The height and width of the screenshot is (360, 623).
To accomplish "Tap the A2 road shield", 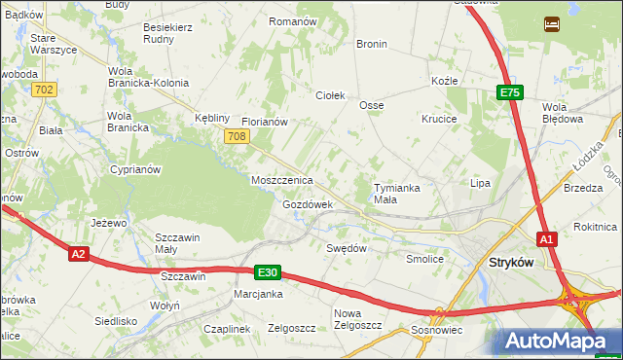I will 79,254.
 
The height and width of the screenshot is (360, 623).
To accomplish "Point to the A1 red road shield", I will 546,238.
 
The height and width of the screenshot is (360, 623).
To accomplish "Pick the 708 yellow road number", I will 236,137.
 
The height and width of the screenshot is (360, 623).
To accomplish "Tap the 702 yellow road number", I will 43,90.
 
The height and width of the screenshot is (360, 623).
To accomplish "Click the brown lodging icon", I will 552,22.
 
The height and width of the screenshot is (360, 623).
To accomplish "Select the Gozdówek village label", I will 308,205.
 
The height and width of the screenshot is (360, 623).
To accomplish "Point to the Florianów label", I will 264,123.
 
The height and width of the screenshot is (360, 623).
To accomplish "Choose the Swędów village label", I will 346,248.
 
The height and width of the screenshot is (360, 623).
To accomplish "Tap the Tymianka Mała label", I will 399,193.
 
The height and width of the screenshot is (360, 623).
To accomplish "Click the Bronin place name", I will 372,45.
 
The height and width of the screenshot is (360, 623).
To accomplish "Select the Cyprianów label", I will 135,168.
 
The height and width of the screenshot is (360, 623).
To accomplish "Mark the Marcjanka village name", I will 258,294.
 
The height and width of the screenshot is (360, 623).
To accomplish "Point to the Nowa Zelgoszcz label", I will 357,319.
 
